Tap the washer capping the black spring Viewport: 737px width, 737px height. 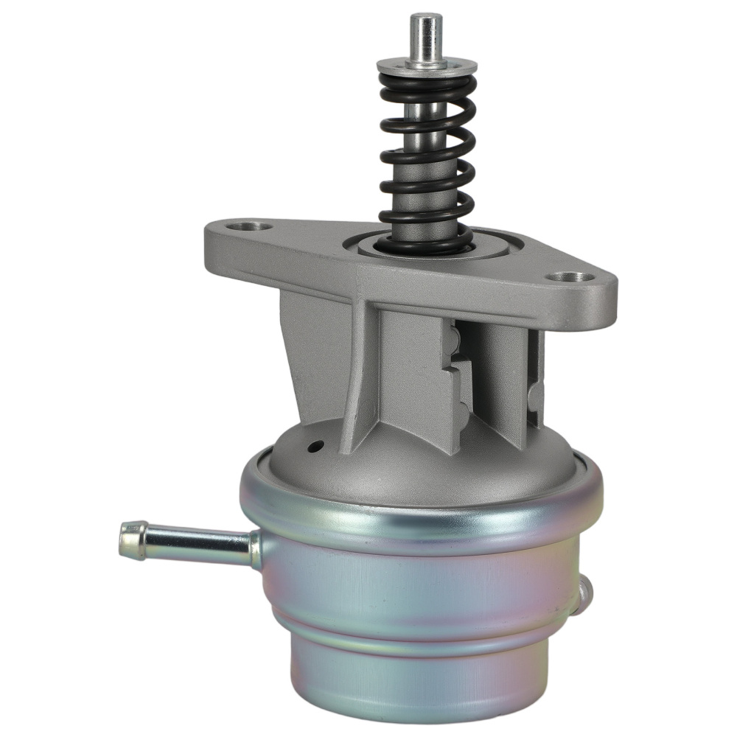(427, 67)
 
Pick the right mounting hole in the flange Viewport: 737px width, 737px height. (573, 277)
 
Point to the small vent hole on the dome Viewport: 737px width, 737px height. (316, 446)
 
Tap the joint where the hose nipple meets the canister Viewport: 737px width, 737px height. (254, 549)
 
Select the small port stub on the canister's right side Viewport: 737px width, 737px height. (585, 593)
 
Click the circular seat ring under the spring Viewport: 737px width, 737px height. (442, 248)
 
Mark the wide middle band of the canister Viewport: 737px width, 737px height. (420, 582)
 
